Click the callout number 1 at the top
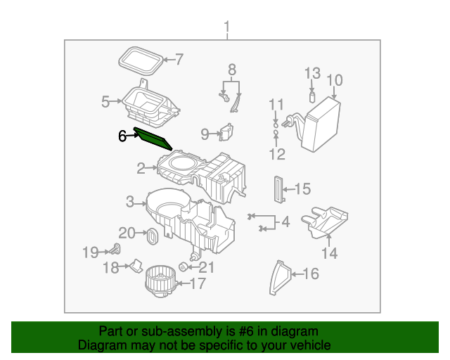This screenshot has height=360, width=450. point(226,27)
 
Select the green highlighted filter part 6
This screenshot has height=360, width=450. point(153,139)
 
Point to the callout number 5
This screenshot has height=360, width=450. point(105,102)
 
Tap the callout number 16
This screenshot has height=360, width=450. point(310,274)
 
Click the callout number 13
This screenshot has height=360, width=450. point(312,73)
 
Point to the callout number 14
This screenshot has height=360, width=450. point(329,253)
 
